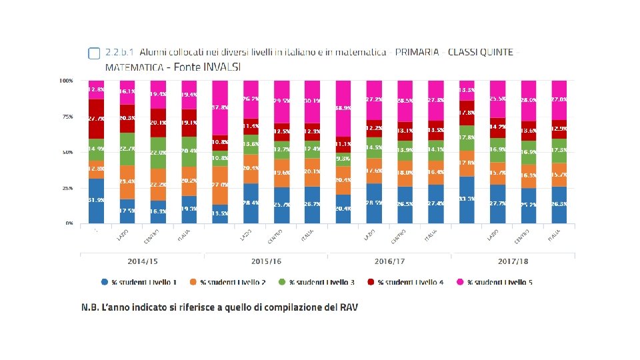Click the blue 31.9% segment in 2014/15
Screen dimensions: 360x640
97,201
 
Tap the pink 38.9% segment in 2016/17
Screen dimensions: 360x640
343,107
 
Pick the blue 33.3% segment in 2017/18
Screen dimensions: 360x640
467,199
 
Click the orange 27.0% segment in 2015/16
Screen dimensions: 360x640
220,185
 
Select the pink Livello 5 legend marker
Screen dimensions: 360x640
460,282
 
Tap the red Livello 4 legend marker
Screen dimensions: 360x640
371,282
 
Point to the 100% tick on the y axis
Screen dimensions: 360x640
66,81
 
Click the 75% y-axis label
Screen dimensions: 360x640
67,117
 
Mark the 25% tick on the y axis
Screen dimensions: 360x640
67,188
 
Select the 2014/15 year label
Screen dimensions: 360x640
142,261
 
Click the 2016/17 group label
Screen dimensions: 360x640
389,261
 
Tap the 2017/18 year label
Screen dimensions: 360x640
513,261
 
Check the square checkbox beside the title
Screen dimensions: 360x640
94,53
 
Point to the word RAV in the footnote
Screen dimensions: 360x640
347,308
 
